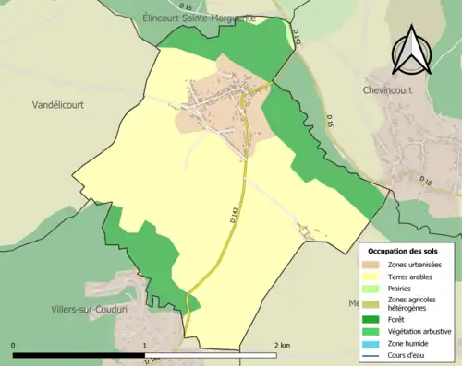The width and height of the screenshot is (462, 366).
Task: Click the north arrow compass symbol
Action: pos(412,51)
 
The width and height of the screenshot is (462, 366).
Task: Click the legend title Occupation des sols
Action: pos(403,251)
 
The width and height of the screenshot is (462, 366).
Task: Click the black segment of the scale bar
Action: pos(79,355)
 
